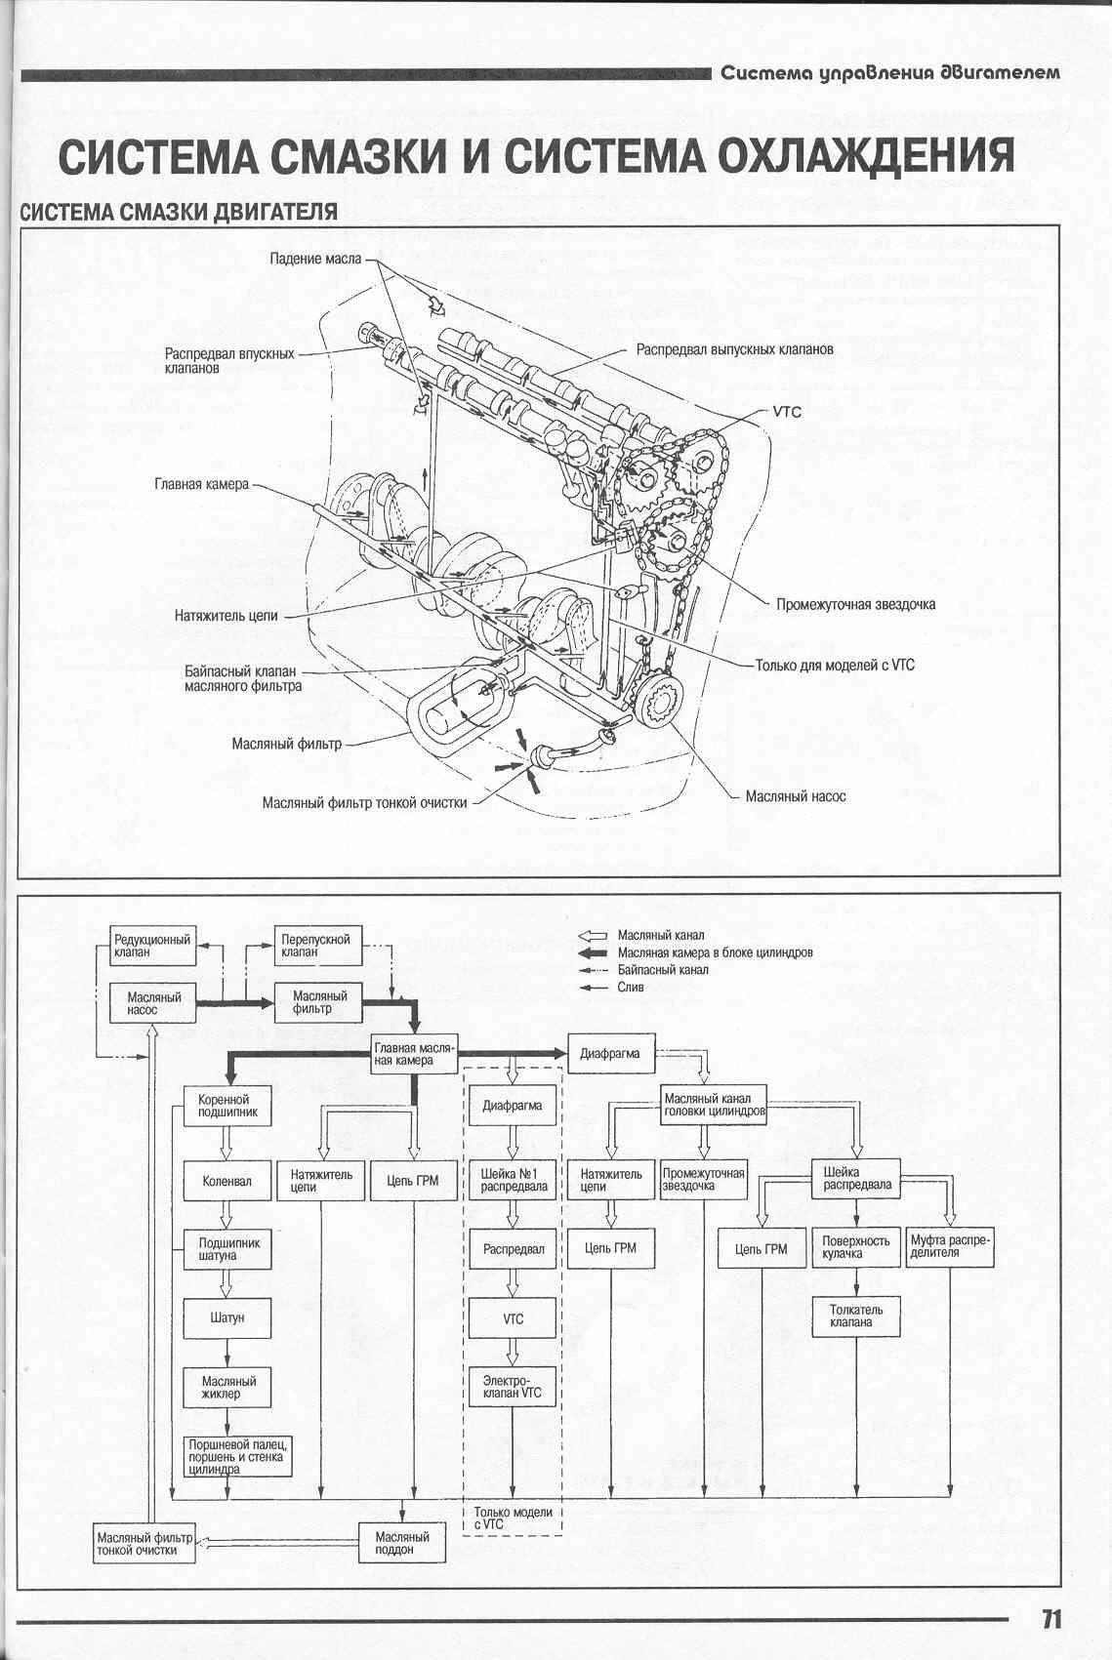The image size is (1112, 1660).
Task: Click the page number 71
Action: (x=1050, y=1618)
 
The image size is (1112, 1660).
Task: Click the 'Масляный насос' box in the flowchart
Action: (x=154, y=1003)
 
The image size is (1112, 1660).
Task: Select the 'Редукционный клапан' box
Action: (x=153, y=945)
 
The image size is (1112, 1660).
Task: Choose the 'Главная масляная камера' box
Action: (x=415, y=1054)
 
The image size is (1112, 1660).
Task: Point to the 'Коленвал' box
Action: (x=227, y=1181)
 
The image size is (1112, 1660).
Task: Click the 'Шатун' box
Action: (x=227, y=1317)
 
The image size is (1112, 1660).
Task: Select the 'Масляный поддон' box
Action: (x=402, y=1543)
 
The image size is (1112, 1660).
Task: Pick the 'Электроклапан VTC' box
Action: (x=513, y=1387)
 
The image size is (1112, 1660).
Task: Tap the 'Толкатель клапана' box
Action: (x=856, y=1316)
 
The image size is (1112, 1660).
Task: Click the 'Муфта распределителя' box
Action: (x=950, y=1246)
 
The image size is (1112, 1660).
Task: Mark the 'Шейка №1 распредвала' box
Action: (x=513, y=1180)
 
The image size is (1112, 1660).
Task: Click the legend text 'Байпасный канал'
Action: (x=663, y=970)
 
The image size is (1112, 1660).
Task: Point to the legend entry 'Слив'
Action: (x=631, y=987)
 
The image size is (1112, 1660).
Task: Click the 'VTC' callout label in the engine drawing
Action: (x=787, y=412)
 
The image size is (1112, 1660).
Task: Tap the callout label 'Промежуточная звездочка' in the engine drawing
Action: (x=855, y=604)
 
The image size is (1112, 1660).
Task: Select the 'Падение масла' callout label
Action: (x=314, y=259)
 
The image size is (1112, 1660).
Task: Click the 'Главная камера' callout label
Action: (x=201, y=484)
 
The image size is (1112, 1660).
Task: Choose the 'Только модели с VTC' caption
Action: (x=513, y=1518)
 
